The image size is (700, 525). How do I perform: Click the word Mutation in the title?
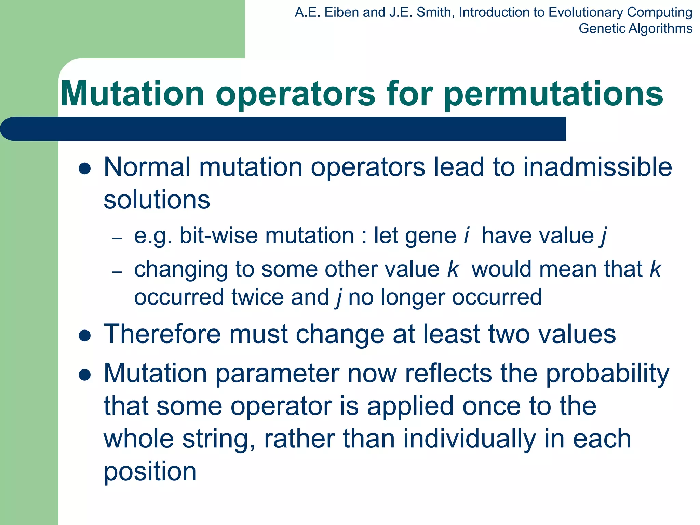132,94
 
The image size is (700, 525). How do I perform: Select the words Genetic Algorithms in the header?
635,29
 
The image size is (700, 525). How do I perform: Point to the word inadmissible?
597,167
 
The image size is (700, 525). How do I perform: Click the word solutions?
157,200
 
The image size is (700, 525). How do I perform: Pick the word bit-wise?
218,236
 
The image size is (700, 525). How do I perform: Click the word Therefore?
162,334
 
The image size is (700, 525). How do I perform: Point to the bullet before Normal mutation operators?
84,169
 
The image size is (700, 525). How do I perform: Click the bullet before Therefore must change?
84,336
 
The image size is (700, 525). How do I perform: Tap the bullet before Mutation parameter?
84,375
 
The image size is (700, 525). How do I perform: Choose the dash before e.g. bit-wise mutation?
117,238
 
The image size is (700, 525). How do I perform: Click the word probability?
607,374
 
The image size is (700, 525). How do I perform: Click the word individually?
470,439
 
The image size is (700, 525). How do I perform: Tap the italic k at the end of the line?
655,269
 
